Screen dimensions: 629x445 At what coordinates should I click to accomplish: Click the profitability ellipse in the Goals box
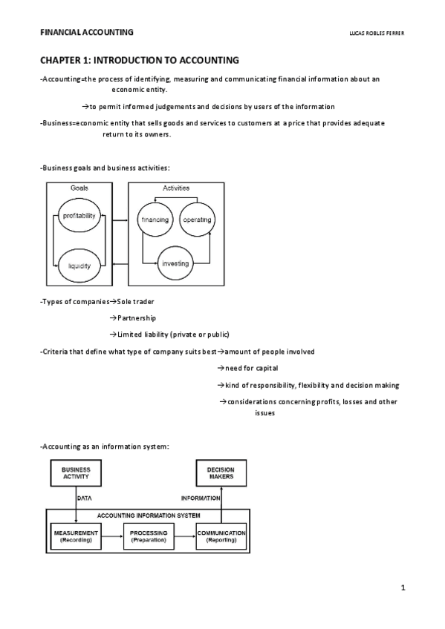pos(79,216)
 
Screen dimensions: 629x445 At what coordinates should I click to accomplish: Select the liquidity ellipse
pos(79,265)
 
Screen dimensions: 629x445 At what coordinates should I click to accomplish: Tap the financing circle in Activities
pos(155,220)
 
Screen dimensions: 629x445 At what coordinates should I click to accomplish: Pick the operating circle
pos(197,220)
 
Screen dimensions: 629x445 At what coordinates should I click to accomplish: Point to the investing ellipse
pos(175,264)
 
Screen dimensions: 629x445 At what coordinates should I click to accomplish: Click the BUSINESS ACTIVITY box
pos(75,473)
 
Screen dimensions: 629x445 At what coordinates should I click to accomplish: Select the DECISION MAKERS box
pos(221,473)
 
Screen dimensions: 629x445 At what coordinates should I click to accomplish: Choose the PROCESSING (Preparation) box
pos(149,536)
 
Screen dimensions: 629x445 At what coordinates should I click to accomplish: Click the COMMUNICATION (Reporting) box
pos(221,536)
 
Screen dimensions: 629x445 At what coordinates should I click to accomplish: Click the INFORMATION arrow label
pos(201,498)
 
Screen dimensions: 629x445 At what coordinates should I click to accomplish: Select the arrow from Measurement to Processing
pos(111,536)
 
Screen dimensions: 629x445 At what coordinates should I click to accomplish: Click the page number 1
pos(403,589)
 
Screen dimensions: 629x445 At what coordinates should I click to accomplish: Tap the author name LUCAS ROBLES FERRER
pos(376,33)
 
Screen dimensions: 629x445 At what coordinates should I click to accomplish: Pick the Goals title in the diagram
pos(79,188)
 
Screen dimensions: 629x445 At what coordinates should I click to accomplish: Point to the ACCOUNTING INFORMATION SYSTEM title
pos(148,515)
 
